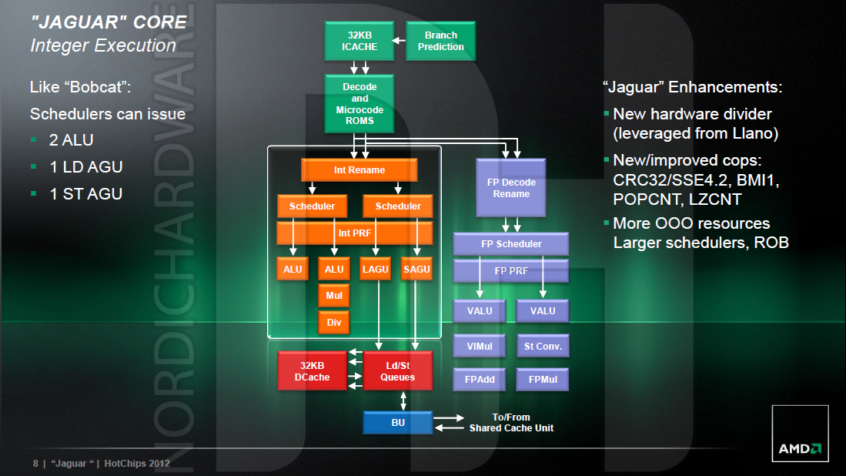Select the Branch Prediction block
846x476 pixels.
pyautogui.click(x=440, y=41)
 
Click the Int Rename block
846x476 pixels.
pyautogui.click(x=359, y=170)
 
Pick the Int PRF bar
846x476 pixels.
pyautogui.click(x=355, y=233)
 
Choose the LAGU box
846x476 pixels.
pyautogui.click(x=375, y=269)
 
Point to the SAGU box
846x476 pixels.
pyautogui.click(x=416, y=269)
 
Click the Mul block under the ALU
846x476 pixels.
pyautogui.click(x=334, y=295)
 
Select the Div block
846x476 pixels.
pyautogui.click(x=334, y=322)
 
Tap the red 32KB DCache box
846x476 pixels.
pyautogui.click(x=312, y=370)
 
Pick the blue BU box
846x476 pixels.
pyautogui.click(x=397, y=422)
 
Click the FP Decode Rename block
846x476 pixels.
pyautogui.click(x=511, y=188)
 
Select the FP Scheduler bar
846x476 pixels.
pyautogui.click(x=511, y=244)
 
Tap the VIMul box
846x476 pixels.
pyautogui.click(x=479, y=346)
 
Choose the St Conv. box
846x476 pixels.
pyautogui.click(x=543, y=346)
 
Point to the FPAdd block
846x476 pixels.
pyautogui.click(x=479, y=379)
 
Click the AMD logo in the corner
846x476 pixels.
pyautogui.click(x=800, y=448)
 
